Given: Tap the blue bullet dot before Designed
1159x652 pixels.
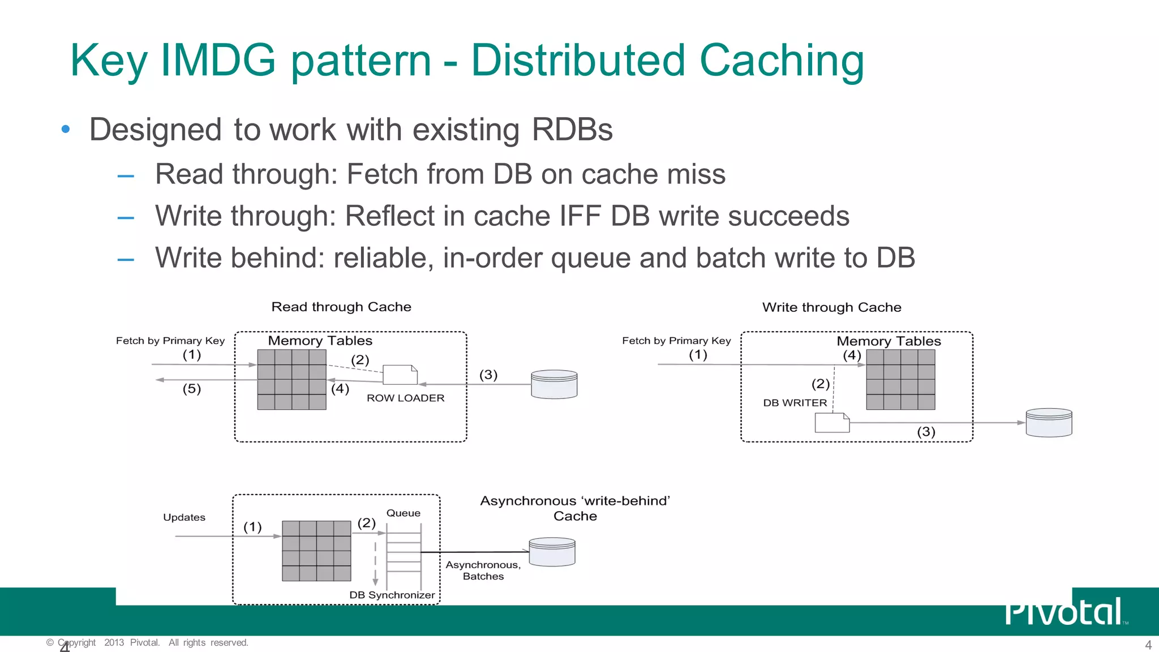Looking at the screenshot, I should pos(66,129).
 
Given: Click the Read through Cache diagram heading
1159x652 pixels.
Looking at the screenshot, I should pos(341,307).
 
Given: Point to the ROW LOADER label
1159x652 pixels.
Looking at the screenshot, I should pos(405,398).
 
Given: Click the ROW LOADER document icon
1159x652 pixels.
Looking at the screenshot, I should pos(400,375).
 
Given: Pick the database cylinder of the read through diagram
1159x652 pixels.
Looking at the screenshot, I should pos(554,384).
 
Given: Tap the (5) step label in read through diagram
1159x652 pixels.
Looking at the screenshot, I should pos(192,389).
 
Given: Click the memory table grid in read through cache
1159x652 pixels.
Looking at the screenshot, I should pos(291,379).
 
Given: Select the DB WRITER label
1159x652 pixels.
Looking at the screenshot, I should pos(795,403).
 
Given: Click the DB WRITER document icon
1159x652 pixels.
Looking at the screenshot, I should pos(832,423).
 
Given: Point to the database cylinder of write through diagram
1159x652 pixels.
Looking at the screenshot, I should pos(1049,422).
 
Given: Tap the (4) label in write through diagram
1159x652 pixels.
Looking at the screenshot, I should pos(852,355).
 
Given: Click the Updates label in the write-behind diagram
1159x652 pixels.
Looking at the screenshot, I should pos(184,517).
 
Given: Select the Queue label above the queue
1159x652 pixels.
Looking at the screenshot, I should pos(403,513).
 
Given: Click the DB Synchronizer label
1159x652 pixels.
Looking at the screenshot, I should pos(392,595).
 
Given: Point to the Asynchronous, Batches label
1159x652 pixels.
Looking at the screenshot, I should pos(483,570).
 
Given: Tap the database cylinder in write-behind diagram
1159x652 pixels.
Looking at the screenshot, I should pos(552,552).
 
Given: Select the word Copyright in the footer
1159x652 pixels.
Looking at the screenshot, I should pos(77,642).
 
